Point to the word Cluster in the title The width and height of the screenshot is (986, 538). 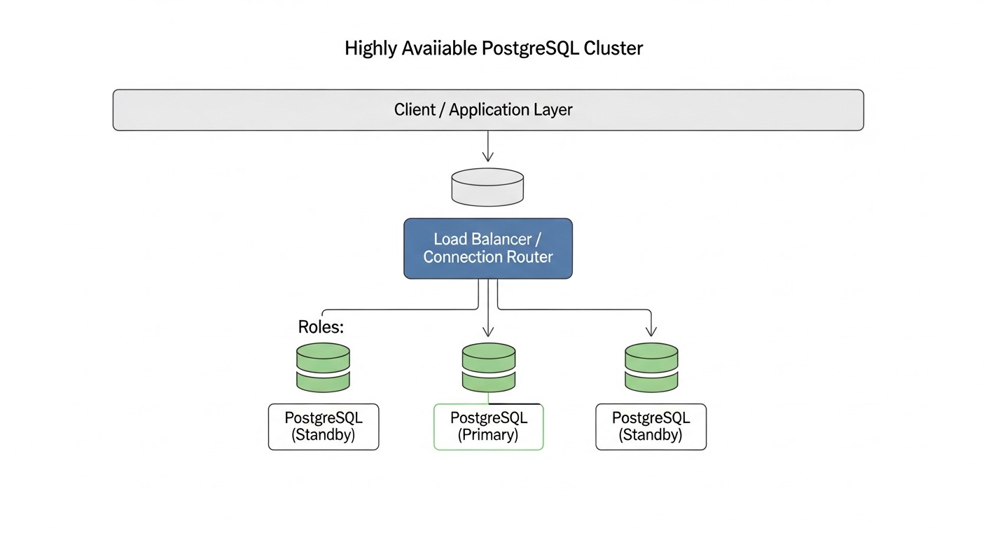pos(614,48)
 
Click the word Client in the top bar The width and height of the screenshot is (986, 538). pos(415,110)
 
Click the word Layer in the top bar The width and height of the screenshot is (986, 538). pos(555,110)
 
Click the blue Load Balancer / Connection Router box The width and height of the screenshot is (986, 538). pos(488,248)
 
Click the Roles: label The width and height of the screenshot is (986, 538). pos(321,327)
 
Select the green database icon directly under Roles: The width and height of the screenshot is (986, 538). pos(323,367)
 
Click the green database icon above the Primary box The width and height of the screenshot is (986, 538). pos(488,367)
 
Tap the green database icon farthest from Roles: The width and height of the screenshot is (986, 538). pos(651,367)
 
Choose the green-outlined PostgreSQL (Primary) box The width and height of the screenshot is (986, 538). pos(488,427)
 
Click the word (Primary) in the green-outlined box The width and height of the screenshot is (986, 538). pos(488,435)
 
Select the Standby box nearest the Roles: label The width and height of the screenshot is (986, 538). pos(324,427)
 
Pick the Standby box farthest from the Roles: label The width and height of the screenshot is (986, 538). pos(651,427)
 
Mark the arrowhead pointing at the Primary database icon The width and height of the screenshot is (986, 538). pos(488,333)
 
